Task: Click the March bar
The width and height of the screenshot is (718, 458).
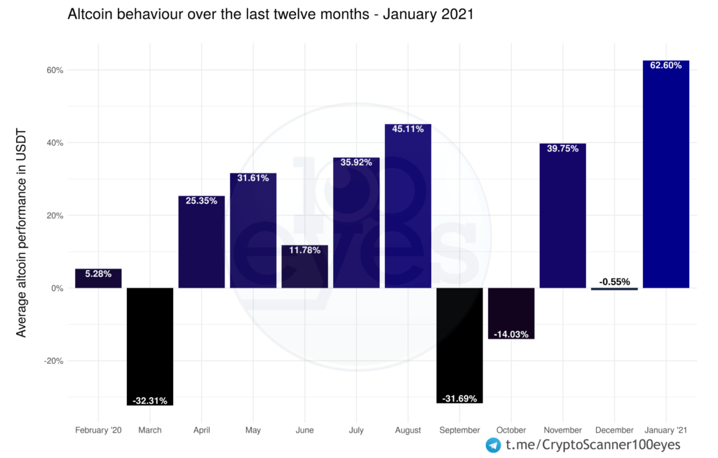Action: pyautogui.click(x=150, y=344)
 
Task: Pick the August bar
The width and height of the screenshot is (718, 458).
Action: pyautogui.click(x=408, y=210)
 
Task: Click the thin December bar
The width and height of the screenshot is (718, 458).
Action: pyautogui.click(x=614, y=288)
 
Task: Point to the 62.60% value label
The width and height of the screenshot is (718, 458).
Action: pyautogui.click(x=665, y=65)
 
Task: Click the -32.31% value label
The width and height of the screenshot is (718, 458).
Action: pyautogui.click(x=150, y=401)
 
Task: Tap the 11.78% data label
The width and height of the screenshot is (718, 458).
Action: pyautogui.click(x=305, y=250)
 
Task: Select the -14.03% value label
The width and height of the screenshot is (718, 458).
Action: pyautogui.click(x=511, y=334)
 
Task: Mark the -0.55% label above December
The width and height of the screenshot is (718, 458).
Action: pyautogui.click(x=614, y=282)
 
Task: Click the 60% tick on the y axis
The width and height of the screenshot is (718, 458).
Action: pyautogui.click(x=55, y=70)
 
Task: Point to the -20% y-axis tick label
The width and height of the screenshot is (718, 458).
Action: pyautogui.click(x=53, y=361)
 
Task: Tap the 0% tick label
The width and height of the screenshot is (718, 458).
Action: pyautogui.click(x=57, y=288)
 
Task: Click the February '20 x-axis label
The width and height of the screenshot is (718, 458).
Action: pyautogui.click(x=98, y=430)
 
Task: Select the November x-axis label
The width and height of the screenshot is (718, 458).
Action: pyautogui.click(x=562, y=430)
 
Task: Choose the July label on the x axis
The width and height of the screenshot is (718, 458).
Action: pyautogui.click(x=356, y=430)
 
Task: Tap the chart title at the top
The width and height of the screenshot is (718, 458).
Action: pyautogui.click(x=271, y=15)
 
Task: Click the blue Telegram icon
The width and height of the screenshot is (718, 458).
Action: pyautogui.click(x=494, y=445)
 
